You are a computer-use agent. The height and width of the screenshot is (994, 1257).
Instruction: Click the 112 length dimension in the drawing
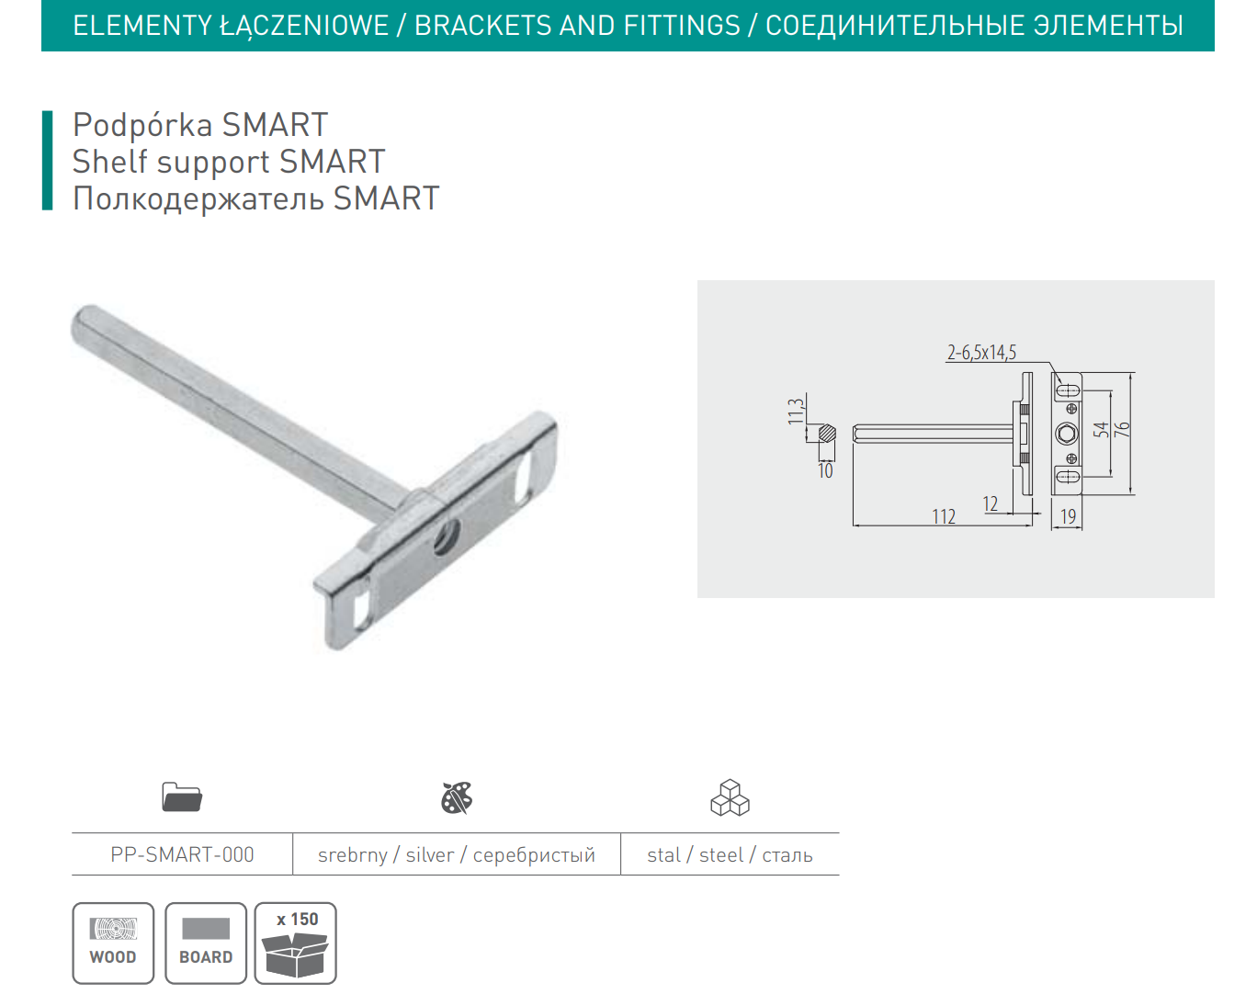coord(944,516)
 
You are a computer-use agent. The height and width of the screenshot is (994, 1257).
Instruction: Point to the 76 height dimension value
coord(1122,429)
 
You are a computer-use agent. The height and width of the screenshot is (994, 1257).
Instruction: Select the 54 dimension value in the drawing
coord(1101,429)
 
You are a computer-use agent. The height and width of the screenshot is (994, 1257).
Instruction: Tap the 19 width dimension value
coord(1068,516)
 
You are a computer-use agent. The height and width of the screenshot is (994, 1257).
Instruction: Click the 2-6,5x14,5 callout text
coord(981,352)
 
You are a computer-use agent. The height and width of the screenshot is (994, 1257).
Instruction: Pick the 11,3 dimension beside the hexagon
coord(796,412)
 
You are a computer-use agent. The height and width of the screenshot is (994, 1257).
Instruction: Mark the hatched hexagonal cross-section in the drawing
coord(827,433)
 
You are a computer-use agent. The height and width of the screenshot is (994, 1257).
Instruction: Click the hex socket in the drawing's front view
coord(1067,434)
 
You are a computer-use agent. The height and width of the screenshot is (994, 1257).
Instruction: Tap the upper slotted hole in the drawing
coord(1067,390)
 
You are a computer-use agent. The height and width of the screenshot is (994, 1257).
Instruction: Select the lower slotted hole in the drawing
coord(1067,475)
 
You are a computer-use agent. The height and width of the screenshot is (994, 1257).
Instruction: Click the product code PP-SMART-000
coord(182,855)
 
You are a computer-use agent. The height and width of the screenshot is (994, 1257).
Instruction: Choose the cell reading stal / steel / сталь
coord(730,855)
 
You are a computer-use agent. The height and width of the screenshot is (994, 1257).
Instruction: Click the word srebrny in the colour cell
coord(352,855)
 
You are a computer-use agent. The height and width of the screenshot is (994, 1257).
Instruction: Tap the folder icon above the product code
coord(182,797)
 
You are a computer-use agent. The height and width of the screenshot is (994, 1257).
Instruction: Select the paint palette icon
coord(457,797)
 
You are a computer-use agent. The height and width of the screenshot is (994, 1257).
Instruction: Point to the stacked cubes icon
coord(730,797)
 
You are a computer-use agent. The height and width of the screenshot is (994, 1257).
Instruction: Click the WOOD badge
coord(113,943)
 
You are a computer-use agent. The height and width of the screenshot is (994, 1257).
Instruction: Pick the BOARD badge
coord(206,943)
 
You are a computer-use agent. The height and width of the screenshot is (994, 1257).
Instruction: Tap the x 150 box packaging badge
coord(296,943)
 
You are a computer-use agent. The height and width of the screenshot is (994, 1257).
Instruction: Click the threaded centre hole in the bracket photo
coord(447,538)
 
